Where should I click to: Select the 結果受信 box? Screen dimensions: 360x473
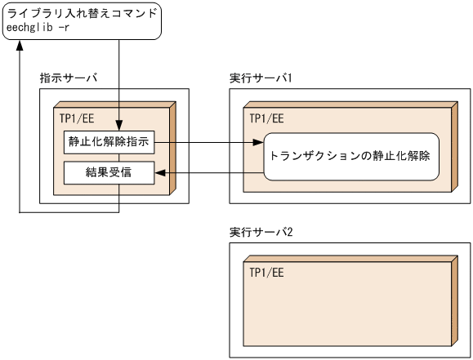click(x=108, y=172)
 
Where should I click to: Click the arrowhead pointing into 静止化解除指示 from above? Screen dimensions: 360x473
click(x=120, y=125)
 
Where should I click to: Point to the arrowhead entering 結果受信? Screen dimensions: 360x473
click(x=159, y=172)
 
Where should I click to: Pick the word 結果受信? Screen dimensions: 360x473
click(x=108, y=172)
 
